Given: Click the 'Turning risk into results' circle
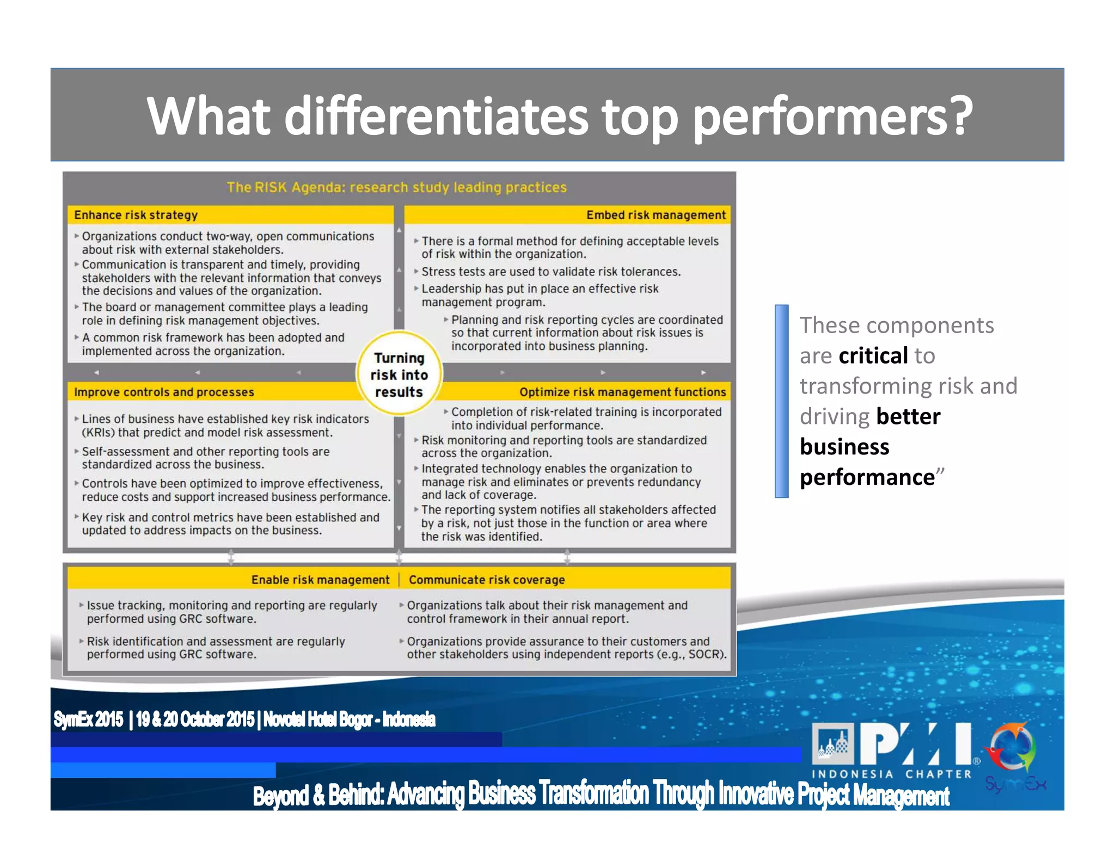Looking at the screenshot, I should [x=399, y=374].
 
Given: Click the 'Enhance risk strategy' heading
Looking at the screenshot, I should [x=136, y=215].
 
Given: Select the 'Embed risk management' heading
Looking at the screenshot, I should [x=655, y=215].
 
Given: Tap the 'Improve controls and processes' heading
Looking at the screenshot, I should [x=164, y=392].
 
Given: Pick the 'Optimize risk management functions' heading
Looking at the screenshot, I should [x=622, y=392].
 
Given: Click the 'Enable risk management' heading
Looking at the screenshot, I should [x=320, y=580].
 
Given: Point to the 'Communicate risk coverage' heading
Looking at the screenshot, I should [x=487, y=580].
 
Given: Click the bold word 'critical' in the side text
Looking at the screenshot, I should [x=873, y=355].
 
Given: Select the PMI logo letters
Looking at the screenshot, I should [x=915, y=744].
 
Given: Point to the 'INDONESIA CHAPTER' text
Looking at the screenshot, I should [x=891, y=774].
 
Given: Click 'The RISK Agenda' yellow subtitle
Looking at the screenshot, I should [x=396, y=187].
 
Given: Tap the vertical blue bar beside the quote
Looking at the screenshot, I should [x=781, y=401].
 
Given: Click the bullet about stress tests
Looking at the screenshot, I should [x=550, y=272].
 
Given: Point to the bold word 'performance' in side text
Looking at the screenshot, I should [x=867, y=477].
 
